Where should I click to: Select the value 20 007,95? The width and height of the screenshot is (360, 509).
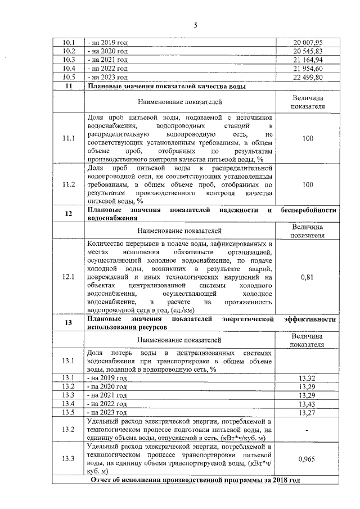click(x=307, y=43)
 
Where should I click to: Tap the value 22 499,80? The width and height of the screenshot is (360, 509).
click(x=307, y=77)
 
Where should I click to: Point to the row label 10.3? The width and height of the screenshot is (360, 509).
click(x=69, y=60)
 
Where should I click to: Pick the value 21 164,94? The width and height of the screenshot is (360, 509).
click(x=307, y=60)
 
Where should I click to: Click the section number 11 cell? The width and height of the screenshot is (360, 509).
click(x=69, y=86)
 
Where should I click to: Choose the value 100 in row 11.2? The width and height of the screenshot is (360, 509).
click(x=307, y=184)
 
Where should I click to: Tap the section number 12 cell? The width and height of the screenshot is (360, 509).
click(x=69, y=214)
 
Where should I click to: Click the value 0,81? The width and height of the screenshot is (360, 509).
click(x=307, y=277)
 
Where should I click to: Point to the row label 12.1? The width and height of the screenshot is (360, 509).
click(x=69, y=277)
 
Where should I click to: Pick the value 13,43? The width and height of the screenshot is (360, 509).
click(x=307, y=404)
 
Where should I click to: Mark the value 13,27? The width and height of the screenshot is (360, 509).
click(x=307, y=413)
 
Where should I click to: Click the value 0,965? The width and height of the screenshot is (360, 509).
click(x=307, y=458)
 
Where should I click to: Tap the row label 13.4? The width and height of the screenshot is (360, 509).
click(x=69, y=404)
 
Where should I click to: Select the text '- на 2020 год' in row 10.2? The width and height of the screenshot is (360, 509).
click(x=107, y=51)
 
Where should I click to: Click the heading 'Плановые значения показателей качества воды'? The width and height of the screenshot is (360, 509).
click(x=166, y=86)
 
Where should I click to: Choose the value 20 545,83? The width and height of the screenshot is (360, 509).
click(x=307, y=51)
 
